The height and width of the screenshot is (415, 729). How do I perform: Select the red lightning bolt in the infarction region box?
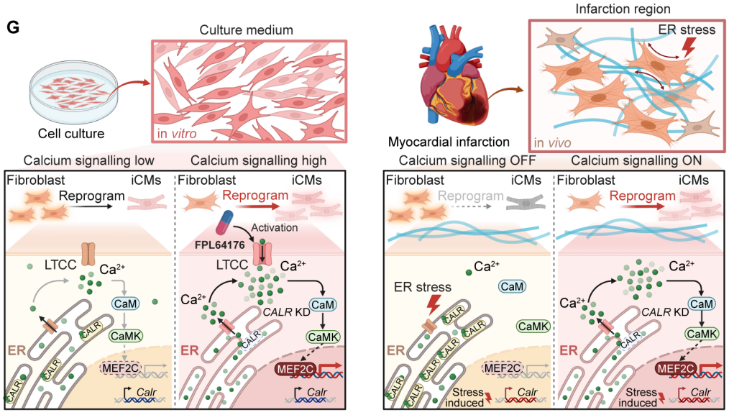click(688, 47)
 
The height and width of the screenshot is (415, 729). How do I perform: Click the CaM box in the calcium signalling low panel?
click(124, 303)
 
